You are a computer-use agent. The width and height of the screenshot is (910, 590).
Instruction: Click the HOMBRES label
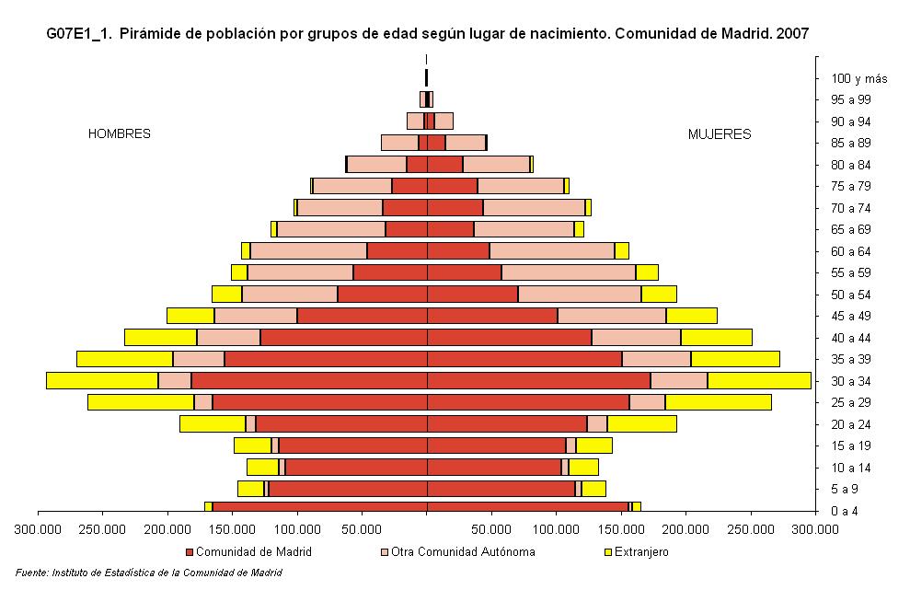(x=119, y=134)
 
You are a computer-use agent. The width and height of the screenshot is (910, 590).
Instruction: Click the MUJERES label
(x=719, y=134)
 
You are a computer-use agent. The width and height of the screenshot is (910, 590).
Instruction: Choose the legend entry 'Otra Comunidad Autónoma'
(x=457, y=552)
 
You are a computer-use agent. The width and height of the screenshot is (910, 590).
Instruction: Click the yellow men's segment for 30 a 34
(x=101, y=380)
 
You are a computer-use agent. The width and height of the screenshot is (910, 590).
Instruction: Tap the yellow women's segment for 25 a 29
(x=718, y=402)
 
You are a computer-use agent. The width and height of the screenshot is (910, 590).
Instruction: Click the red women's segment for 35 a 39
(x=524, y=359)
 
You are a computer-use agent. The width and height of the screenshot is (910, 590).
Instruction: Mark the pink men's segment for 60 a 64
(x=308, y=250)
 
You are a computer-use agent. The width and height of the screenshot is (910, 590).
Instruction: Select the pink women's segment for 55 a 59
(x=568, y=272)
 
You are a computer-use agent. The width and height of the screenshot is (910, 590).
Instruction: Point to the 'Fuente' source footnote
(x=148, y=573)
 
